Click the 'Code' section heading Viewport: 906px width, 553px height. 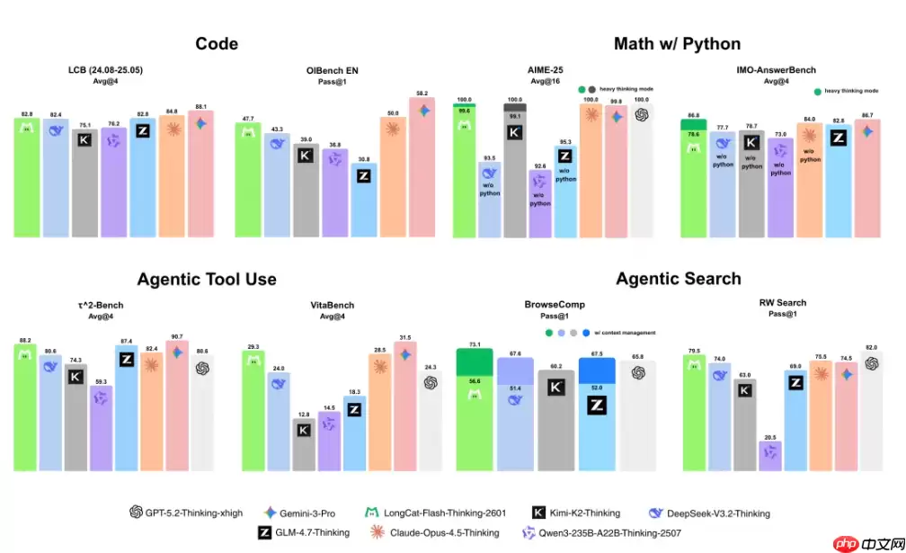tap(217, 43)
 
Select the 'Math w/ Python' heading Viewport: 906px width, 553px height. tap(677, 43)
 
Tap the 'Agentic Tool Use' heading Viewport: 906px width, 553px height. tap(206, 279)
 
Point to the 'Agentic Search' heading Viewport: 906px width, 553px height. tap(678, 279)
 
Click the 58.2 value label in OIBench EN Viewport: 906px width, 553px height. tap(422, 92)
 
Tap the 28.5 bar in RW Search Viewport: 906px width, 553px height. tap(770, 456)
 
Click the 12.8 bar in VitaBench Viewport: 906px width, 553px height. tap(305, 445)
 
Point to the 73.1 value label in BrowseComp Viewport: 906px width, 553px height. tap(475, 344)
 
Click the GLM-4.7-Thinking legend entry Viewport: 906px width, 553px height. tap(304, 532)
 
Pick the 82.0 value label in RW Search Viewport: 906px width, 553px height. tap(870, 347)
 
